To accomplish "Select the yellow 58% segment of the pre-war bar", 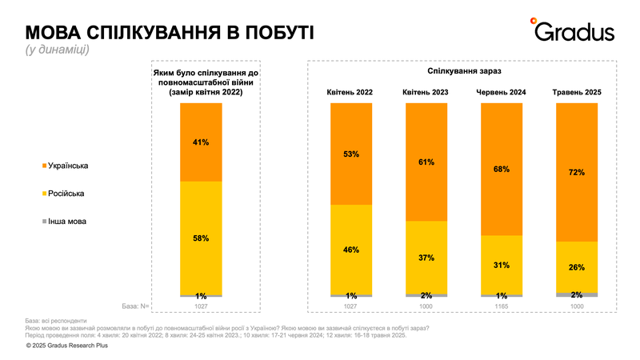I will coord(201,238).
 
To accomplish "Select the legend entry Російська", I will coord(68,194).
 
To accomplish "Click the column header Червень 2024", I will coord(502,93).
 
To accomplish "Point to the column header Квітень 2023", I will coord(426,93).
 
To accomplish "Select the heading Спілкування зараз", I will coord(464,70).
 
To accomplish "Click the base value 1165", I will coord(502,306).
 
